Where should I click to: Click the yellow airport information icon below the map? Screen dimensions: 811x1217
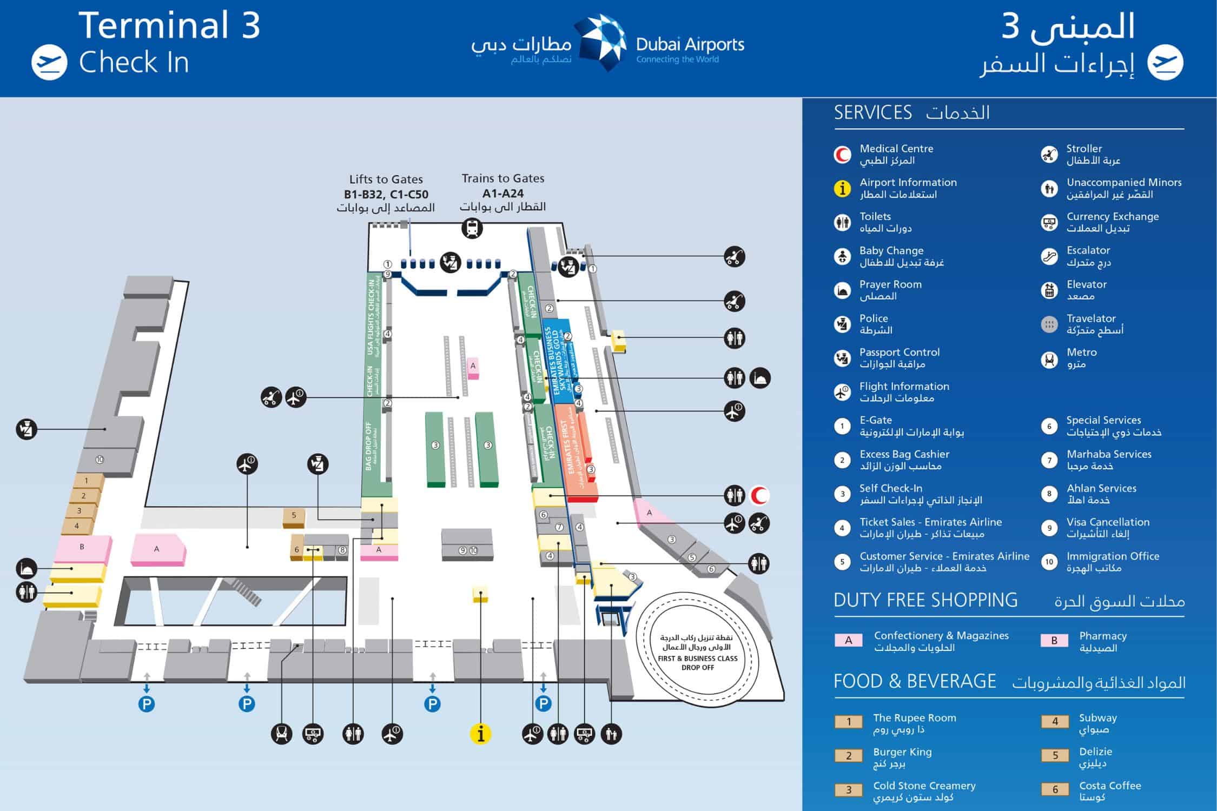480,734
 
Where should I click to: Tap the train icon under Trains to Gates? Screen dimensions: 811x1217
472,228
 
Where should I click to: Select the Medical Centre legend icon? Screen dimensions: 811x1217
842,155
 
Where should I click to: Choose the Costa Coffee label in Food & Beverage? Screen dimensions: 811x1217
1110,786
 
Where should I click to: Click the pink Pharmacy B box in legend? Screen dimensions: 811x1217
1054,641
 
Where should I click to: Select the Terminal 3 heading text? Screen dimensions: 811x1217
169,25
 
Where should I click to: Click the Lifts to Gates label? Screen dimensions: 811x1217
386,179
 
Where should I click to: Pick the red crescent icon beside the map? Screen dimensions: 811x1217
760,495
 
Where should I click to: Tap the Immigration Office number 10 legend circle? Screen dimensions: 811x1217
1049,562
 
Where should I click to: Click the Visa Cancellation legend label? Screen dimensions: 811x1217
1108,522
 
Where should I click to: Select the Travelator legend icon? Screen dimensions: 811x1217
1049,324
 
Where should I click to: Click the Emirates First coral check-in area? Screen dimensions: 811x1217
574,454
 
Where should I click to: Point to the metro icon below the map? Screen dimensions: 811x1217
282,734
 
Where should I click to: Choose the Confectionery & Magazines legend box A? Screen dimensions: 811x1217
848,641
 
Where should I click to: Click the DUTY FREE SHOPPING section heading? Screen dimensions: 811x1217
925,600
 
